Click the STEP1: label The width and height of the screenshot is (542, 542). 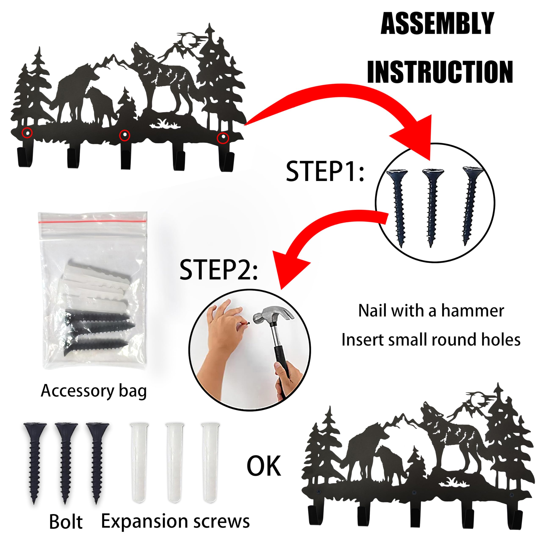click(x=325, y=172)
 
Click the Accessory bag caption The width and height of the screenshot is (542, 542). click(x=94, y=391)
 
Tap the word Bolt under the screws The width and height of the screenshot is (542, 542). click(x=66, y=522)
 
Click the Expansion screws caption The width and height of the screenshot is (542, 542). click(x=175, y=521)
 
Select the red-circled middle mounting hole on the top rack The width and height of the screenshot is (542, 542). click(x=124, y=135)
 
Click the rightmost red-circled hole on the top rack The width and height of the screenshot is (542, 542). click(x=223, y=138)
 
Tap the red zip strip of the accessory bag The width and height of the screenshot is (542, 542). click(x=93, y=221)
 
